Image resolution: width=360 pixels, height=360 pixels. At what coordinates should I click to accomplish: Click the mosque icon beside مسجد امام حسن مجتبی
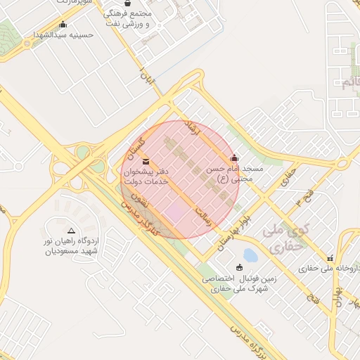(x=234, y=157)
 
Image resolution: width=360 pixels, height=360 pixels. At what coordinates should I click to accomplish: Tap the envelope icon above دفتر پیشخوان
(x=146, y=162)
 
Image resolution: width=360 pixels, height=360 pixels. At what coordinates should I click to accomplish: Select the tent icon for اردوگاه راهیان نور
(x=71, y=231)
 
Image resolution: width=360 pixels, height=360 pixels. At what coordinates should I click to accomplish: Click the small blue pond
(x=250, y=254)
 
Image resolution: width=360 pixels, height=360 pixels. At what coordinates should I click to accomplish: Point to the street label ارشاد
(x=191, y=128)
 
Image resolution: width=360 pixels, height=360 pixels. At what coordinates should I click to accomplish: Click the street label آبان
(x=146, y=77)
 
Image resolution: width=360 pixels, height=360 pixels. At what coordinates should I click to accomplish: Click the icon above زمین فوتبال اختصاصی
(x=240, y=267)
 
